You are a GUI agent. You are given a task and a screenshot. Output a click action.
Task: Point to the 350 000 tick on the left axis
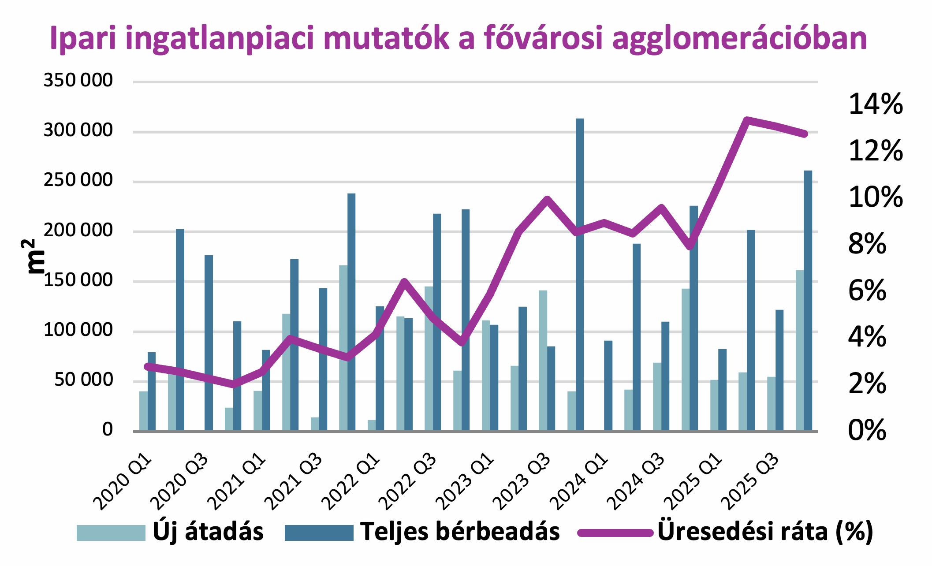pyautogui.click(x=78, y=81)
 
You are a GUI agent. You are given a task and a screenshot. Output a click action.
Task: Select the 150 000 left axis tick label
pyautogui.click(x=78, y=280)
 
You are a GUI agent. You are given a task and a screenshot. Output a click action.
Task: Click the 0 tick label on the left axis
pyautogui.click(x=108, y=429)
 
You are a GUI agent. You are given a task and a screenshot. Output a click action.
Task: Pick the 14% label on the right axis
pyautogui.click(x=876, y=105)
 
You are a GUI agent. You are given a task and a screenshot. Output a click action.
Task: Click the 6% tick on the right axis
pyautogui.click(x=867, y=291)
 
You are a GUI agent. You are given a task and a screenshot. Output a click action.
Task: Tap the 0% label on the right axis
pyautogui.click(x=867, y=430)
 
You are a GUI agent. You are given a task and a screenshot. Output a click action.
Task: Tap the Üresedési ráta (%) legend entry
pyautogui.click(x=726, y=532)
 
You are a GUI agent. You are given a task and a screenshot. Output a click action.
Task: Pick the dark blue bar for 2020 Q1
pyautogui.click(x=152, y=391)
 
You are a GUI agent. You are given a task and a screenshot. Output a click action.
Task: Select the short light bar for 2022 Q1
pyautogui.click(x=372, y=425)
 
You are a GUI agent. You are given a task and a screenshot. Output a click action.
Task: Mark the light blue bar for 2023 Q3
pyautogui.click(x=543, y=360)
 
